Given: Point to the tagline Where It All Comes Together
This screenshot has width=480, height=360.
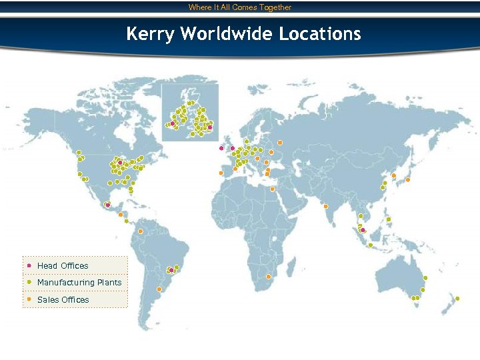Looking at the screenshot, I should point(240,7).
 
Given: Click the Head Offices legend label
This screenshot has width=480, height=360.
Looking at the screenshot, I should point(63,266).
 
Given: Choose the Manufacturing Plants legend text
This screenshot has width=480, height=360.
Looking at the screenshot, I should point(79,283).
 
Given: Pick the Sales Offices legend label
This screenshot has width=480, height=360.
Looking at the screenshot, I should point(63,300).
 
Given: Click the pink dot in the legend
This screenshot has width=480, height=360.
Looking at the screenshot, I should point(29,265).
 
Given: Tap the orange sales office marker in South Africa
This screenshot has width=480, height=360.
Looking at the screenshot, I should point(268,277).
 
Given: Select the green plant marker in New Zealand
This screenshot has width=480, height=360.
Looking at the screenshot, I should point(458,298).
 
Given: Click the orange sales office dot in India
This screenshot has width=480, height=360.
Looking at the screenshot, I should point(325,207).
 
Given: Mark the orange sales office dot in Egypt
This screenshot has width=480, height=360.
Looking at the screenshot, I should point(272,189).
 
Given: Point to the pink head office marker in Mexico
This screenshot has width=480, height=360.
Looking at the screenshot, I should point(107,205).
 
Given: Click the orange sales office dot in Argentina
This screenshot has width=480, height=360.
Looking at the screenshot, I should point(159,289).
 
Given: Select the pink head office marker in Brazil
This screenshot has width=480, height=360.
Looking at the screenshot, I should point(171,270).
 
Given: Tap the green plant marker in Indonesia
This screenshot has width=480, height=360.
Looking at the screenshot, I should point(370,245).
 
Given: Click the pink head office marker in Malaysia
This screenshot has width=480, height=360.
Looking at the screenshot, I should point(363,231).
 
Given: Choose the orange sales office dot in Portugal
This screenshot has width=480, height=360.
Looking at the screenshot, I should point(221,173).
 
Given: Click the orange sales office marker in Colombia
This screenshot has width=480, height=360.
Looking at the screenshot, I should point(141,231).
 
